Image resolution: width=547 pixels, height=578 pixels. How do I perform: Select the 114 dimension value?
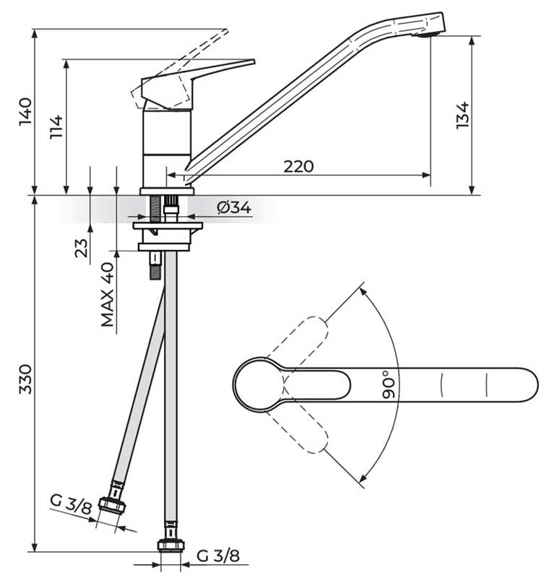57,127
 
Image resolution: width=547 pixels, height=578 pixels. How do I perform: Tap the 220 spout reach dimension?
298,167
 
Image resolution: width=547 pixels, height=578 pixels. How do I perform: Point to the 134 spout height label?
463,116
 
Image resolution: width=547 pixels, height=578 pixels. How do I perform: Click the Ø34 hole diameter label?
234,208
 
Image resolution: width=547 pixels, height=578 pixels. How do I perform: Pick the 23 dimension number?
81,247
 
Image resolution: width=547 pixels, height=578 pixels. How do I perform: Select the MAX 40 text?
108,294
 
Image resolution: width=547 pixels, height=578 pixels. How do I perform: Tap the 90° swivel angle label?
388,385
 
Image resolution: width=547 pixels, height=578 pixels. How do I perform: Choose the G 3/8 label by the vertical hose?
217,556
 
